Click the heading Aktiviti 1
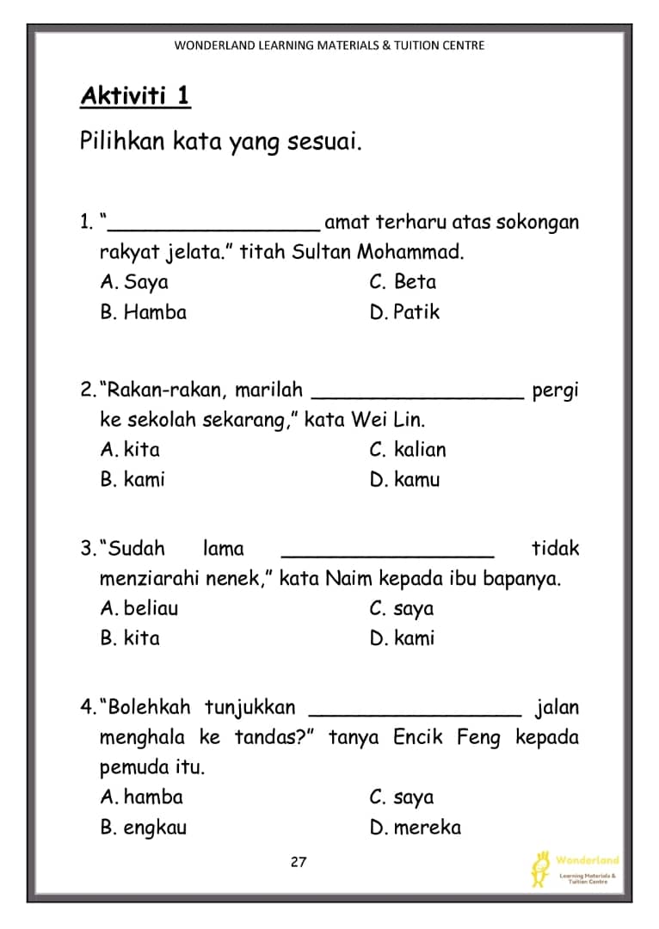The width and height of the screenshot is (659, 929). click(135, 95)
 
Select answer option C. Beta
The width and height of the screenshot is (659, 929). click(402, 282)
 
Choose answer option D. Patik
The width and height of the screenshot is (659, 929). click(404, 312)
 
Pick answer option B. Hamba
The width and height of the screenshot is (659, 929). click(143, 312)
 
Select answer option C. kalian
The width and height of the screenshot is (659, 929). click(408, 450)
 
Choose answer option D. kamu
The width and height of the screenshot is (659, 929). click(404, 480)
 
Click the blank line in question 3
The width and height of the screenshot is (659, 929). click(388, 555)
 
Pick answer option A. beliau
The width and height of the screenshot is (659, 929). click(139, 609)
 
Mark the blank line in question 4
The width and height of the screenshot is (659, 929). click(415, 714)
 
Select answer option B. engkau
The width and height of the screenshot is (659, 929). click(143, 827)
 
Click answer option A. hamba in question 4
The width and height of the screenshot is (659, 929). click(141, 797)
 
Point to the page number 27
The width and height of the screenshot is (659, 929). click(299, 863)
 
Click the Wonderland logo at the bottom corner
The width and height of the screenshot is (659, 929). click(575, 868)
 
